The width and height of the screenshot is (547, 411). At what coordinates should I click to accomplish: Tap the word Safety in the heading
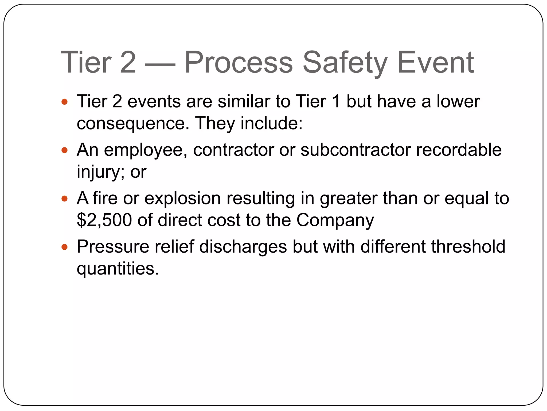[345, 63]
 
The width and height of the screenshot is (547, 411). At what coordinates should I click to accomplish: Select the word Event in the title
[436, 63]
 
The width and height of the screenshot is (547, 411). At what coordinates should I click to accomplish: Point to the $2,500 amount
[104, 220]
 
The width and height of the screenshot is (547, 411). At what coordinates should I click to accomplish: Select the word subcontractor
[355, 150]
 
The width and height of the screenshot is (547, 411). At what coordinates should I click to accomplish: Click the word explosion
[182, 199]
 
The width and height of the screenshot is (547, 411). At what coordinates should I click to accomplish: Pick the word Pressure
[113, 247]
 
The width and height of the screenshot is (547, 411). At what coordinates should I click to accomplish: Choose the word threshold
[468, 247]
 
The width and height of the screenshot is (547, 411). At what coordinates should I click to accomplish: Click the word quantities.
[118, 269]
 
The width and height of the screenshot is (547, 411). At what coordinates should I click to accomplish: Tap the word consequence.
[133, 124]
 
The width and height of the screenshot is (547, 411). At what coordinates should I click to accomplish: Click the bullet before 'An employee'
[64, 150]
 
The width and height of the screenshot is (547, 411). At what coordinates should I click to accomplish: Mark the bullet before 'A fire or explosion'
[64, 199]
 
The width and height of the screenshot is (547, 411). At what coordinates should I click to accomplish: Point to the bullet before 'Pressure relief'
[64, 247]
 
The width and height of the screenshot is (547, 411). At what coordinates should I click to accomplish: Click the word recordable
[459, 150]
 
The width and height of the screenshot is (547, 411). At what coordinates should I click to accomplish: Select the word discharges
[243, 247]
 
